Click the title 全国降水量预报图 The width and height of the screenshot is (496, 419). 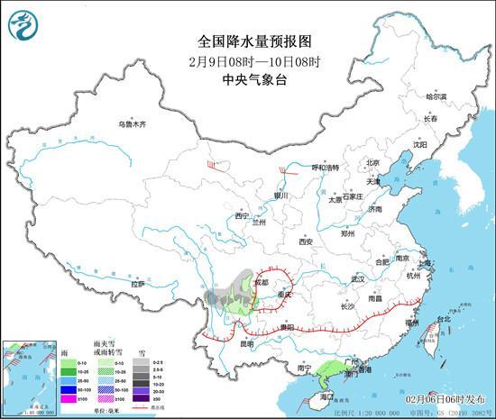(247, 41)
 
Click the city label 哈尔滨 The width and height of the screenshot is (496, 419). (436, 96)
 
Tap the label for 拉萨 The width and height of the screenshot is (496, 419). (137, 285)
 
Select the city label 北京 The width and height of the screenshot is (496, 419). (373, 163)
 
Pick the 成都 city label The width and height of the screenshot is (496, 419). (261, 282)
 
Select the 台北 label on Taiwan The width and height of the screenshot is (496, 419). (443, 319)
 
